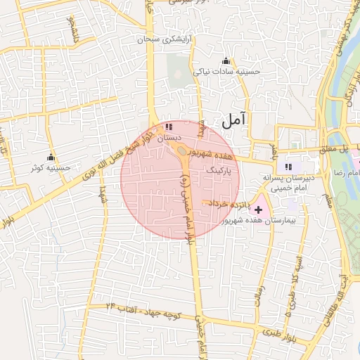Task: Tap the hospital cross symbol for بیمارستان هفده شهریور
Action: (259, 209)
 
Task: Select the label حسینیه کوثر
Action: (51, 169)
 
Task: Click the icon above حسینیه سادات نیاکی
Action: (225, 60)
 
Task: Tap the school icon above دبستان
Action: (168, 127)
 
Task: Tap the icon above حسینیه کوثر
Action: (51, 157)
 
